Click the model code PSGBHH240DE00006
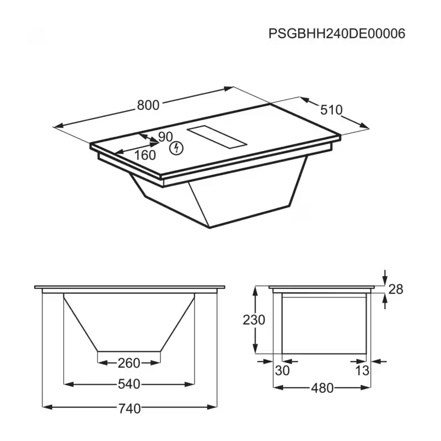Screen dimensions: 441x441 (x=337, y=34)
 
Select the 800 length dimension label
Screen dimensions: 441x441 (x=148, y=105)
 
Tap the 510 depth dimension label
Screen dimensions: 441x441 (x=331, y=110)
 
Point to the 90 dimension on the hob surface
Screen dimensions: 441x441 (x=165, y=137)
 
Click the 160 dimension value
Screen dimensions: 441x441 (x=145, y=155)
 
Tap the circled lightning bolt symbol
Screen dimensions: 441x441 (x=176, y=148)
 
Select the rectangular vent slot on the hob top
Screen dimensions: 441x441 (x=217, y=137)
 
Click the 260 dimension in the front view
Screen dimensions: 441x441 (x=129, y=363)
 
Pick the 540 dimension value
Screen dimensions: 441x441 (x=129, y=384)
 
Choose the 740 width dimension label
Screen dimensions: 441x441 (x=130, y=408)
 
